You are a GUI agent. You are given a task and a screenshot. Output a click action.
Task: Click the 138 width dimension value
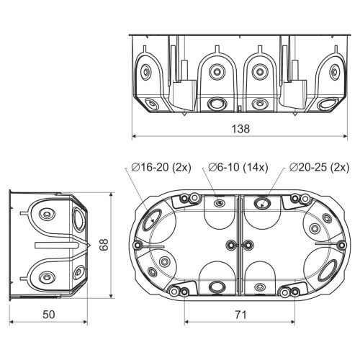click(x=240, y=129)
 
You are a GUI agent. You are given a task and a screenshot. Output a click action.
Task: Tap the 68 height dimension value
click(x=104, y=245)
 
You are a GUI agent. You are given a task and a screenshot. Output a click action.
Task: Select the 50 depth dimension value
click(x=49, y=315)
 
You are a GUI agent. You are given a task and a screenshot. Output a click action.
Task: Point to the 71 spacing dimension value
click(x=240, y=315)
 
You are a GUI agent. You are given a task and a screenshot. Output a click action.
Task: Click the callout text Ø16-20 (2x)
click(x=161, y=167)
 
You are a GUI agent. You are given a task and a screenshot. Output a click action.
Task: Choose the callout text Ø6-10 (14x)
click(x=238, y=167)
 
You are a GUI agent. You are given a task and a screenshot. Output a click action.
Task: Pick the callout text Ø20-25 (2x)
click(x=319, y=167)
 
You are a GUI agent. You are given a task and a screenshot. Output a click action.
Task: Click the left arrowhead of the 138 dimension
click(x=135, y=136)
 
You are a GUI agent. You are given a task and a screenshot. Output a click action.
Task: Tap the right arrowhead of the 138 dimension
click(x=345, y=136)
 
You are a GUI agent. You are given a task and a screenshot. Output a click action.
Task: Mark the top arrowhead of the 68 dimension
click(x=111, y=194)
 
